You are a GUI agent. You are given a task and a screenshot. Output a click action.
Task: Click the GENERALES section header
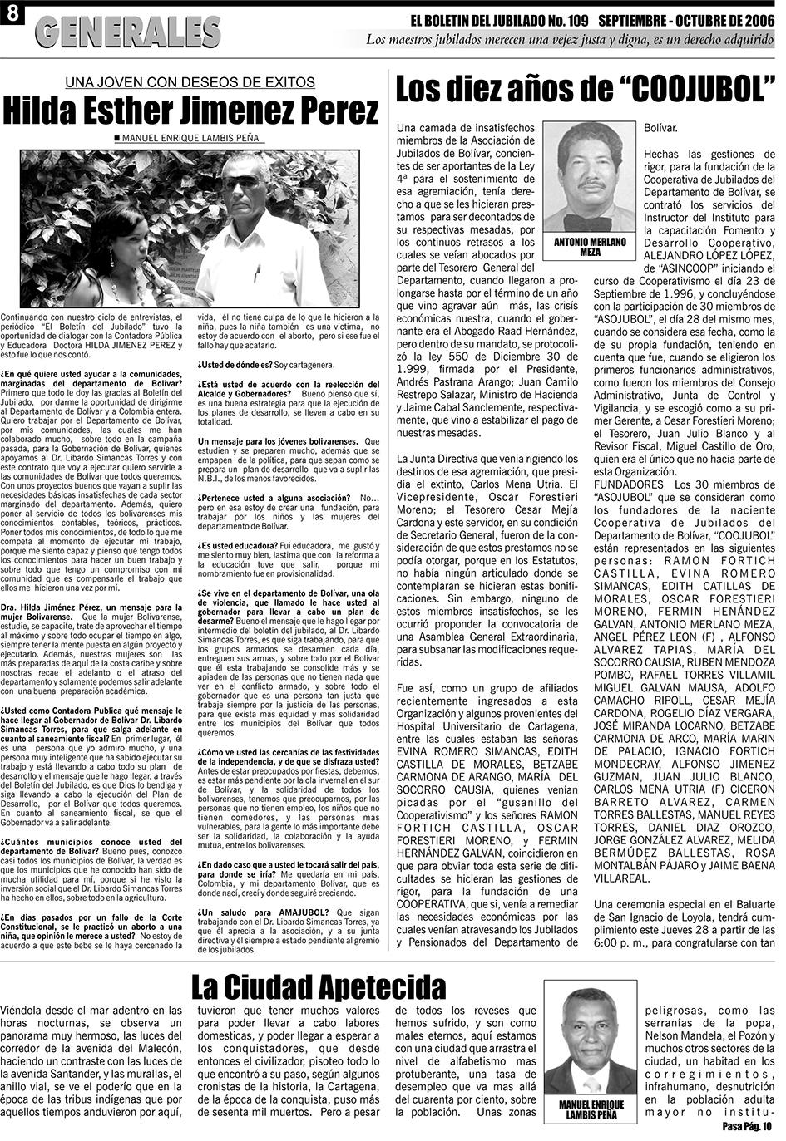[129, 32]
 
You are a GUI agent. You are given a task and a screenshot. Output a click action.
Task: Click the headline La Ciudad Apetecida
[319, 988]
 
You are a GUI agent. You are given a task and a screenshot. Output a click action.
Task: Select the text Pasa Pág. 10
[747, 1126]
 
